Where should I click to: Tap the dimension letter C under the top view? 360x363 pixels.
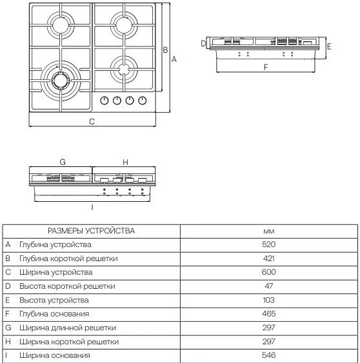click(92, 121)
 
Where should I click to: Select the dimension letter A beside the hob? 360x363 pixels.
click(174, 58)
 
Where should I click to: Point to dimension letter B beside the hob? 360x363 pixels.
click(165, 49)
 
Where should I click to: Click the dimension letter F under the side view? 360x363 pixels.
click(265, 67)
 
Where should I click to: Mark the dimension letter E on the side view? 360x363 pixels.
click(329, 46)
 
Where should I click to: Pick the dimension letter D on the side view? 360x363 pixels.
click(203, 43)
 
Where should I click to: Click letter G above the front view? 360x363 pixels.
click(63, 162)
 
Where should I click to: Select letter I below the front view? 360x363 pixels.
click(92, 207)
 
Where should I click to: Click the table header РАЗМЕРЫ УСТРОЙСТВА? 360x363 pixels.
click(91, 231)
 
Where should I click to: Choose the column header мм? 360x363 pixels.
click(269, 231)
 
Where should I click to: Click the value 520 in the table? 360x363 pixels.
click(269, 245)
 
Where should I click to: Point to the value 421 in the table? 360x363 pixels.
click(269, 259)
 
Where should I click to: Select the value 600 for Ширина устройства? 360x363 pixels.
click(269, 273)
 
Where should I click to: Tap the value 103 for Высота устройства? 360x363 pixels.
click(269, 300)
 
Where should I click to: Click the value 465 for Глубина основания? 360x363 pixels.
click(269, 314)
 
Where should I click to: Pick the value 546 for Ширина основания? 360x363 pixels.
click(269, 355)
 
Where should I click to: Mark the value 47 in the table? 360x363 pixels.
click(269, 286)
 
